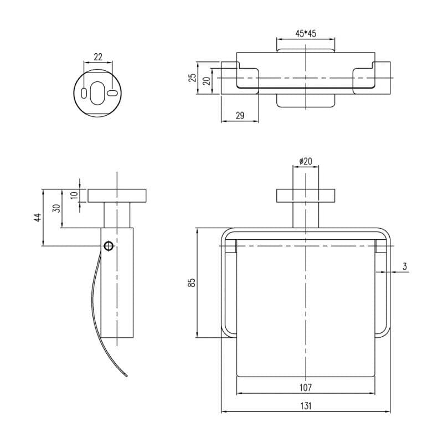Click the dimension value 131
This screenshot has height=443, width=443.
(x=306, y=405)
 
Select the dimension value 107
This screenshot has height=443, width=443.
(x=306, y=387)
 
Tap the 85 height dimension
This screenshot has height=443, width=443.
(x=192, y=282)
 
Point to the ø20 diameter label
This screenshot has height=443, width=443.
(x=306, y=161)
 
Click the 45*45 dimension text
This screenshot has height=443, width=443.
(x=306, y=34)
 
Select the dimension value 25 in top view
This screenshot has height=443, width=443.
(x=192, y=78)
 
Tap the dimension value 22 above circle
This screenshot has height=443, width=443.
(x=97, y=56)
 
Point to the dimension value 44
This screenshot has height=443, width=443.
(x=38, y=218)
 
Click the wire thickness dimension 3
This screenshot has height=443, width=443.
(x=405, y=266)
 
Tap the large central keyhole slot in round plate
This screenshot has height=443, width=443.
(x=98, y=92)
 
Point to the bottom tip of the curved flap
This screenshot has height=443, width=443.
(x=128, y=378)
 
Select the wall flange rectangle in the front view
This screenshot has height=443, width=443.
(x=306, y=195)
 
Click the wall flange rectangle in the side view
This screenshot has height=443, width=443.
(x=117, y=195)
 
